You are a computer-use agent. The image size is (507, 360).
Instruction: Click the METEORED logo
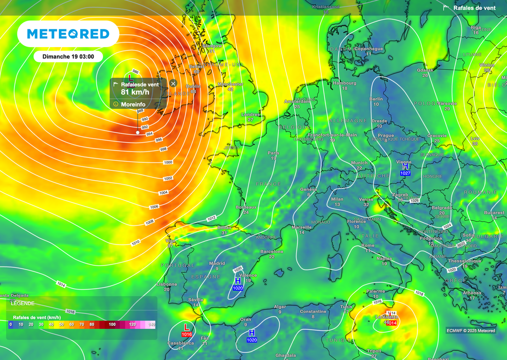68,34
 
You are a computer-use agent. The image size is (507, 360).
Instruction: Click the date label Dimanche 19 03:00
68,56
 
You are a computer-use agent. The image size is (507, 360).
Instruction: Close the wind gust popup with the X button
173,84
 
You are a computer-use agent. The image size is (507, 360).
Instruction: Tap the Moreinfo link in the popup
133,104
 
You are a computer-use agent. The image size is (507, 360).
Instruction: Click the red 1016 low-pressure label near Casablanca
187,334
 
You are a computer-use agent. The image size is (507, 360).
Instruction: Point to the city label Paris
273,154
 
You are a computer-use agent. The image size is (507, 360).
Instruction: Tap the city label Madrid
217,263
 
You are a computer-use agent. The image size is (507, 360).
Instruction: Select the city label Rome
368,246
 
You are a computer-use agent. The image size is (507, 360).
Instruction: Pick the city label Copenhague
369,49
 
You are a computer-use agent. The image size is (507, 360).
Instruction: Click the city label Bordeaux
246,207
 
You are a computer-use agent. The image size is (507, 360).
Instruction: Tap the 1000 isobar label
168,162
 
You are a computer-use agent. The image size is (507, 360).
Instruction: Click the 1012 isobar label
211,218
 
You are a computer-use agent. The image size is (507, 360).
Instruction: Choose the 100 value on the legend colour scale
112,324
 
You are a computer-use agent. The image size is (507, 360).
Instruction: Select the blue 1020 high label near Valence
238,288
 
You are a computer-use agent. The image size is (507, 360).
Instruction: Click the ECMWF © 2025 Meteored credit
470,331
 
